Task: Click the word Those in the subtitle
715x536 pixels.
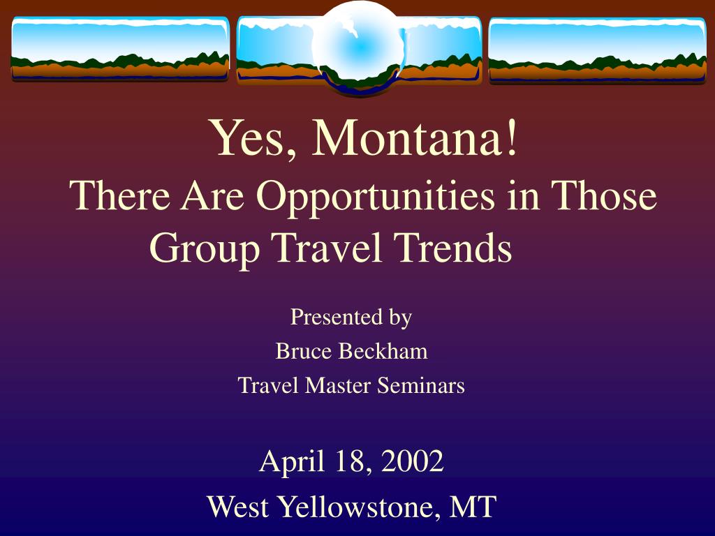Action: [604, 195]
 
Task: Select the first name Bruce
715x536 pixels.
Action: [303, 351]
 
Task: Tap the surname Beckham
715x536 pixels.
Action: [383, 351]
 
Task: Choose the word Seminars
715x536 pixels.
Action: [421, 385]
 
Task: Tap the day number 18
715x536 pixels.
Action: [353, 462]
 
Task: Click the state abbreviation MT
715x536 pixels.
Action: [473, 507]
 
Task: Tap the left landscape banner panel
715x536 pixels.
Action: [120, 50]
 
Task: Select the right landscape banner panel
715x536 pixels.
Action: [598, 50]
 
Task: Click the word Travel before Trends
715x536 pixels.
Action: [329, 247]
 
